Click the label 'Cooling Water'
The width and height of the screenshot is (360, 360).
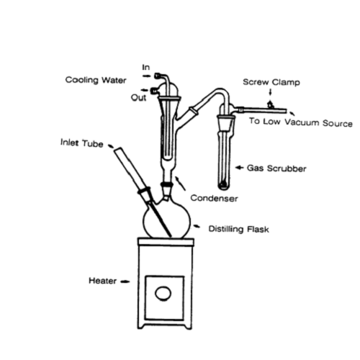point(96,80)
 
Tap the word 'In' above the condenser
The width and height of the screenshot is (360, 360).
point(146,68)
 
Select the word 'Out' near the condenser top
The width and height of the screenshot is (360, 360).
point(138,98)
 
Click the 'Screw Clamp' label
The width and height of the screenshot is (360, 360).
point(271,82)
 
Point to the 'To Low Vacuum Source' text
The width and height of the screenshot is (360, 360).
point(301,122)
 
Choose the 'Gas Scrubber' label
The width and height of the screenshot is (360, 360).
point(276,168)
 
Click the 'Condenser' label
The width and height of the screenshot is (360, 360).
point(214,198)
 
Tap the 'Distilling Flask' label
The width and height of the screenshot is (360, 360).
point(238,229)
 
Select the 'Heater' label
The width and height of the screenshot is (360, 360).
point(102,281)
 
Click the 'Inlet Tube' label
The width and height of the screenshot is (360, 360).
point(82,143)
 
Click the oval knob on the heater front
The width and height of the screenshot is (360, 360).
point(163,294)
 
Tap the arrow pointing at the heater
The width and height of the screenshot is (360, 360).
point(125,282)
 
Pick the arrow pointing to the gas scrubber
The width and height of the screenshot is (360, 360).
point(240,168)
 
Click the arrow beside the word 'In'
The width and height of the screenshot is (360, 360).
point(146,76)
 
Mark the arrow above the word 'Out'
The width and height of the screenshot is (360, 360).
point(145,90)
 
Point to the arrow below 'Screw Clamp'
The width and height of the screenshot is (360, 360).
point(271,92)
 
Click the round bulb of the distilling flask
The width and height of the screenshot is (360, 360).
point(166,220)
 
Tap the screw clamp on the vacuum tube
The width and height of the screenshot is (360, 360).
point(271,105)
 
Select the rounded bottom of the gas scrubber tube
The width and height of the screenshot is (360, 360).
point(224,186)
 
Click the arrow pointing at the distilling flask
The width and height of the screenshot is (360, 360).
point(197,226)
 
